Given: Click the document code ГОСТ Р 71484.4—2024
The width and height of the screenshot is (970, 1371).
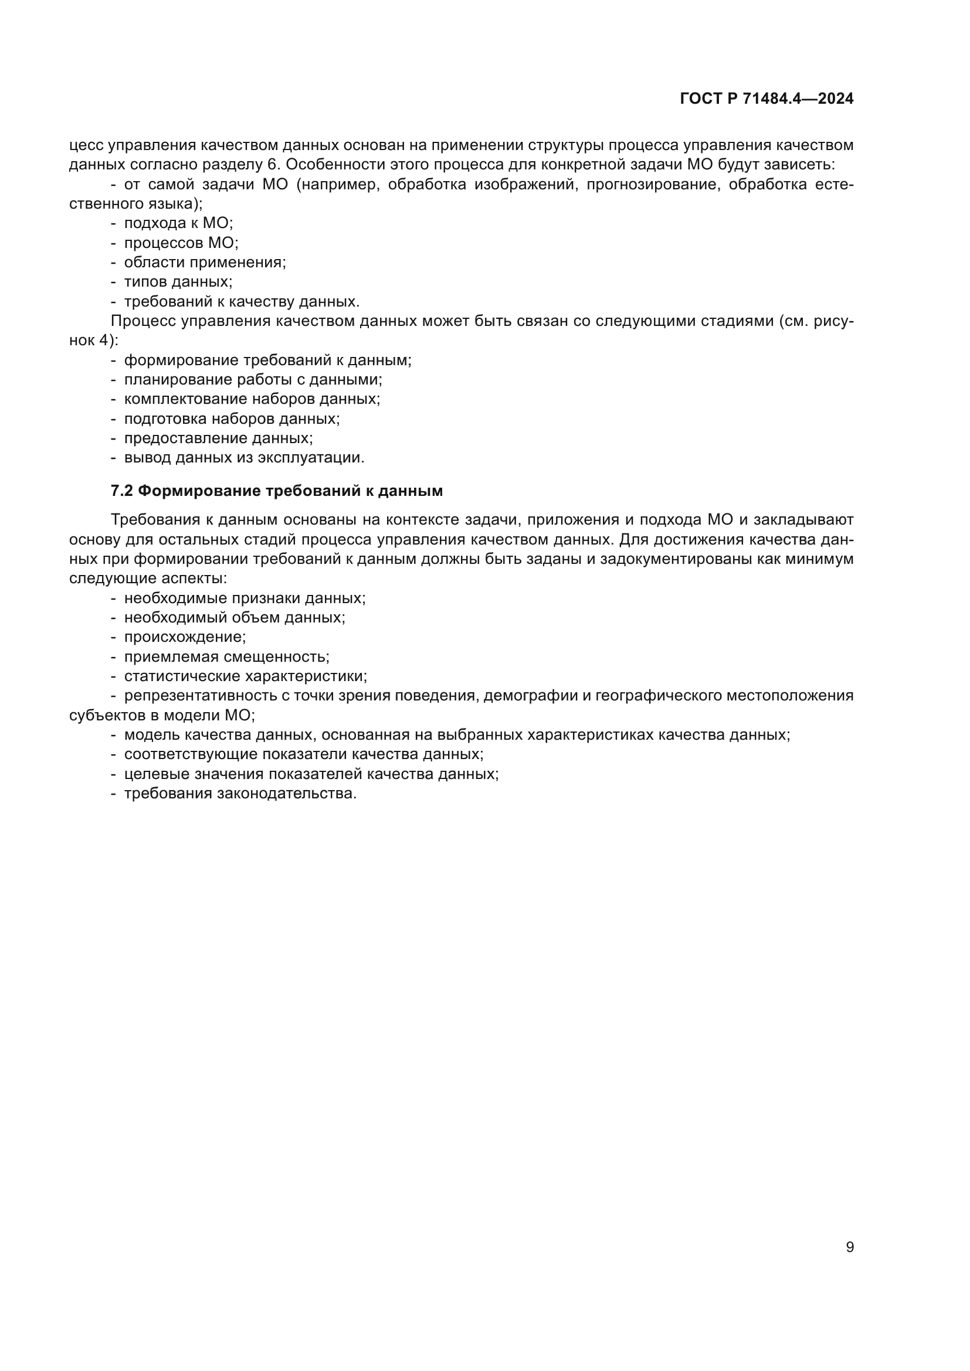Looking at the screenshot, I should (x=766, y=98).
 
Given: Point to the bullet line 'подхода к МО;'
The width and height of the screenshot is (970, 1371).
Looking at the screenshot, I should (x=178, y=223).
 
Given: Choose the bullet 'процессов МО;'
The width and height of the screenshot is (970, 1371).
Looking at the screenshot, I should (x=181, y=243).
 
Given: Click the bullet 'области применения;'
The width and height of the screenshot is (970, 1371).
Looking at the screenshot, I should (x=205, y=262).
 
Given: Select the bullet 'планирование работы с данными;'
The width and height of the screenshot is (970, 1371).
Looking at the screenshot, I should (x=253, y=380).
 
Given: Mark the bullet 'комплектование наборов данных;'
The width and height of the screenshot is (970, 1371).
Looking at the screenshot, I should (x=252, y=399).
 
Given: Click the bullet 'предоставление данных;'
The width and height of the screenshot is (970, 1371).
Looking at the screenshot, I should (x=218, y=438).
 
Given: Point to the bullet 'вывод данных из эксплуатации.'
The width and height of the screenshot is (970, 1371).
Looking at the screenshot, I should (x=244, y=458).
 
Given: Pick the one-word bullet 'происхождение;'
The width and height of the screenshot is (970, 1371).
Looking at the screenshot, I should (x=185, y=637).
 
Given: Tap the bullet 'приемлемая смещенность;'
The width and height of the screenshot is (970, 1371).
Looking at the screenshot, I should (x=226, y=657).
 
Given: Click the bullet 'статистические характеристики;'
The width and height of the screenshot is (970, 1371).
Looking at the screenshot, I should (x=245, y=676).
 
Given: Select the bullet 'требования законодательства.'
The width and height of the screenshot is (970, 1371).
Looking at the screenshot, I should (x=240, y=794).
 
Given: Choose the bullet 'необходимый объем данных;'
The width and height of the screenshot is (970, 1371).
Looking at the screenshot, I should (x=234, y=617).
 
